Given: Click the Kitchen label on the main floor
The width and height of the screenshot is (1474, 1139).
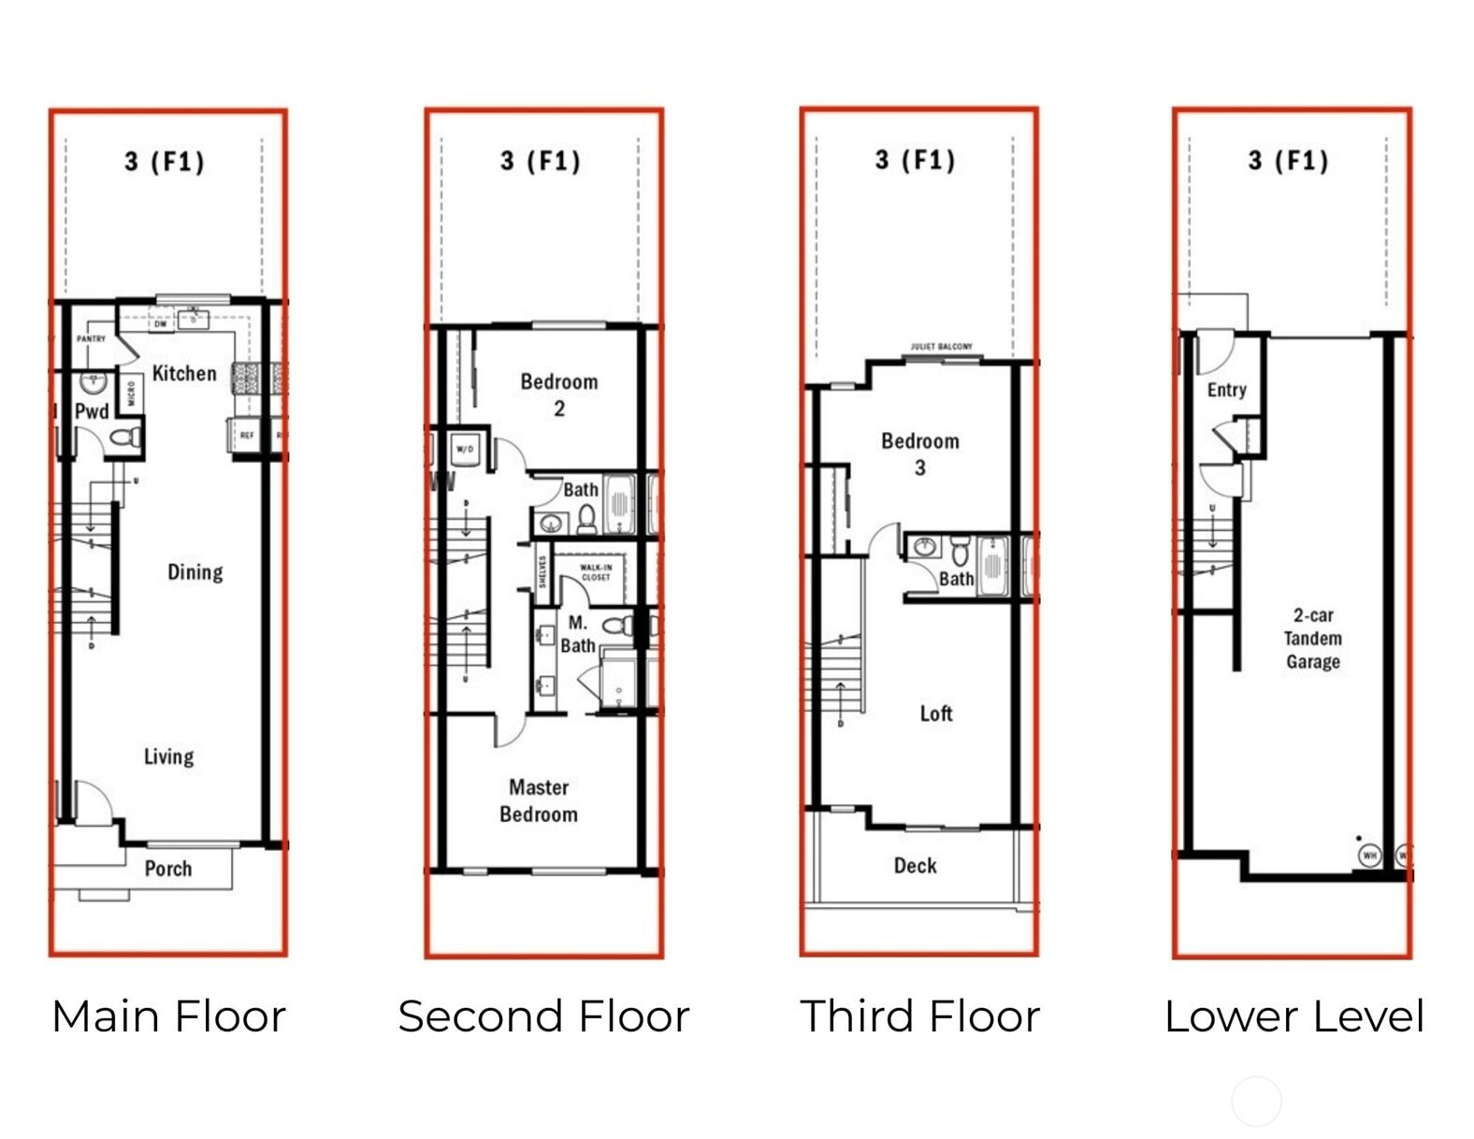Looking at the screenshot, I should point(183,373).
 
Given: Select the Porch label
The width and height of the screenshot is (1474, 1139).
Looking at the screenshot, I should point(168,869).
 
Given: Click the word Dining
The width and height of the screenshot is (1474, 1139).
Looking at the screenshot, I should point(195,571).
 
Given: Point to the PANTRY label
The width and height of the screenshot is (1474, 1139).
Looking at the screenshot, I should point(91,339).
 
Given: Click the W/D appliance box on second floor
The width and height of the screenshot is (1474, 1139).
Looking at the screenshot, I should point(465,449).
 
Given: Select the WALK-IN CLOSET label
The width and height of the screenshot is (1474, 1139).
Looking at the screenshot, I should point(596,571).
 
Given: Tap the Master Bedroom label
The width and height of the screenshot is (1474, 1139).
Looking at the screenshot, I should point(539,800).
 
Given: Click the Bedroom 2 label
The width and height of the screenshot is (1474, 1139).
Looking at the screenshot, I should point(558,394).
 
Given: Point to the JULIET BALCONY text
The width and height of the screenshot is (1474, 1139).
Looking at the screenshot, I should point(941,347).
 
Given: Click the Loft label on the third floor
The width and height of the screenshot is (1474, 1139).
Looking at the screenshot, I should point(935,714).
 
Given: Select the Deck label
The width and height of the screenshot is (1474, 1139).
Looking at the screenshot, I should point(915,866).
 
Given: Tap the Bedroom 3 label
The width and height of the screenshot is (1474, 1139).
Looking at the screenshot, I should point(920,454).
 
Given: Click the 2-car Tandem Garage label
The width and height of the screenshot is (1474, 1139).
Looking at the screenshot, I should point(1312,638).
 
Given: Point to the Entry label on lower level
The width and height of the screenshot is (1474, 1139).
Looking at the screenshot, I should point(1226,390).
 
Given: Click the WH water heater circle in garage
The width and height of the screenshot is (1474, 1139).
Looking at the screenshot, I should point(1369,855).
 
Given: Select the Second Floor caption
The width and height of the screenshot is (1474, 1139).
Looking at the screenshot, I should point(543,1016).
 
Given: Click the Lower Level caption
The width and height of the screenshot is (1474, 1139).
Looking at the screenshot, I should point(1293,1016).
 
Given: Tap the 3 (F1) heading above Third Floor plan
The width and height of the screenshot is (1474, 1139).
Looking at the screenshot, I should point(915,160).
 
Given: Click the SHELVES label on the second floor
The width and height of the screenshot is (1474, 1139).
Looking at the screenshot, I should point(542,572).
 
